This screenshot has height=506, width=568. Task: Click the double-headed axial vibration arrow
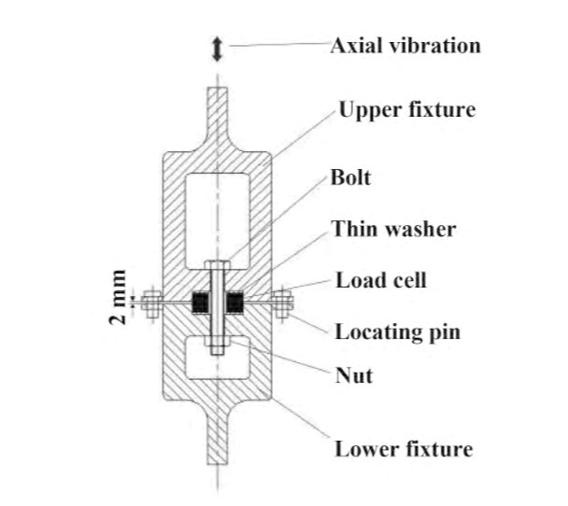tap(217, 49)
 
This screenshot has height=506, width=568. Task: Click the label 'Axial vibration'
tap(405, 46)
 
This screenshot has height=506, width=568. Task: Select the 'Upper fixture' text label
tap(407, 109)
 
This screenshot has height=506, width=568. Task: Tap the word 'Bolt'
tap(350, 177)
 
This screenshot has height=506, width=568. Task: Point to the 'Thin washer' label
tap(393, 229)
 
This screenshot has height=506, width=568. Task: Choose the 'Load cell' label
tap(381, 280)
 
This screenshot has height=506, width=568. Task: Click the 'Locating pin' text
tap(398, 332)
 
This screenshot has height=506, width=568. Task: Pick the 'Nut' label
tap(354, 375)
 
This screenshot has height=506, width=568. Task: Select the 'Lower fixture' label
tap(404, 449)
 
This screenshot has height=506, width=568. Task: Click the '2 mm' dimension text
tap(118, 297)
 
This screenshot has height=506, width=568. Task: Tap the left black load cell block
tap(200, 302)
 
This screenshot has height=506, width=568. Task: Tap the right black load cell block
tap(234, 302)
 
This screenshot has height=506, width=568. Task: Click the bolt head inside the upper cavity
tap(218, 265)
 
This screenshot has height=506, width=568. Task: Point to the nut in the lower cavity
tap(218, 341)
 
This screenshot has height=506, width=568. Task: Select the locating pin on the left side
tap(151, 303)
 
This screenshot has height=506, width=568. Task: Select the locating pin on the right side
tap(282, 303)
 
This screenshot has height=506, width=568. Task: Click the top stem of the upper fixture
tap(218, 112)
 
